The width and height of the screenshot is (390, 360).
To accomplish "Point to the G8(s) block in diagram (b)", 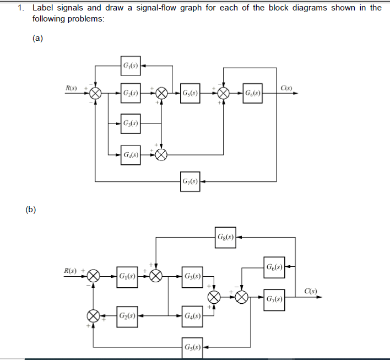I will click(226, 237).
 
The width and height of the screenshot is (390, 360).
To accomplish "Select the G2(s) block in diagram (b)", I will click(127, 317).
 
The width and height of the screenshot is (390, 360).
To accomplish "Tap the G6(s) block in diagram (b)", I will click(274, 267).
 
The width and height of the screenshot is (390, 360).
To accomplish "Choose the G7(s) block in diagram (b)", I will click(274, 299).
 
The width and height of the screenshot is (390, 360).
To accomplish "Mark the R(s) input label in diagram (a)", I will click(72, 88).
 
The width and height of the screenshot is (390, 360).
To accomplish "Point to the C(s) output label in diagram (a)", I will click(286, 88).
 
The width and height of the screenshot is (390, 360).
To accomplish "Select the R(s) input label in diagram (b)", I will click(71, 271).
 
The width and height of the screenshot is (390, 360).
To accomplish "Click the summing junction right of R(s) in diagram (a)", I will click(95, 93).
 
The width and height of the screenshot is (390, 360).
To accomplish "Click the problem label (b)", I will click(31, 209).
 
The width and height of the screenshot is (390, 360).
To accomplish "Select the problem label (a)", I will click(37, 39).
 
